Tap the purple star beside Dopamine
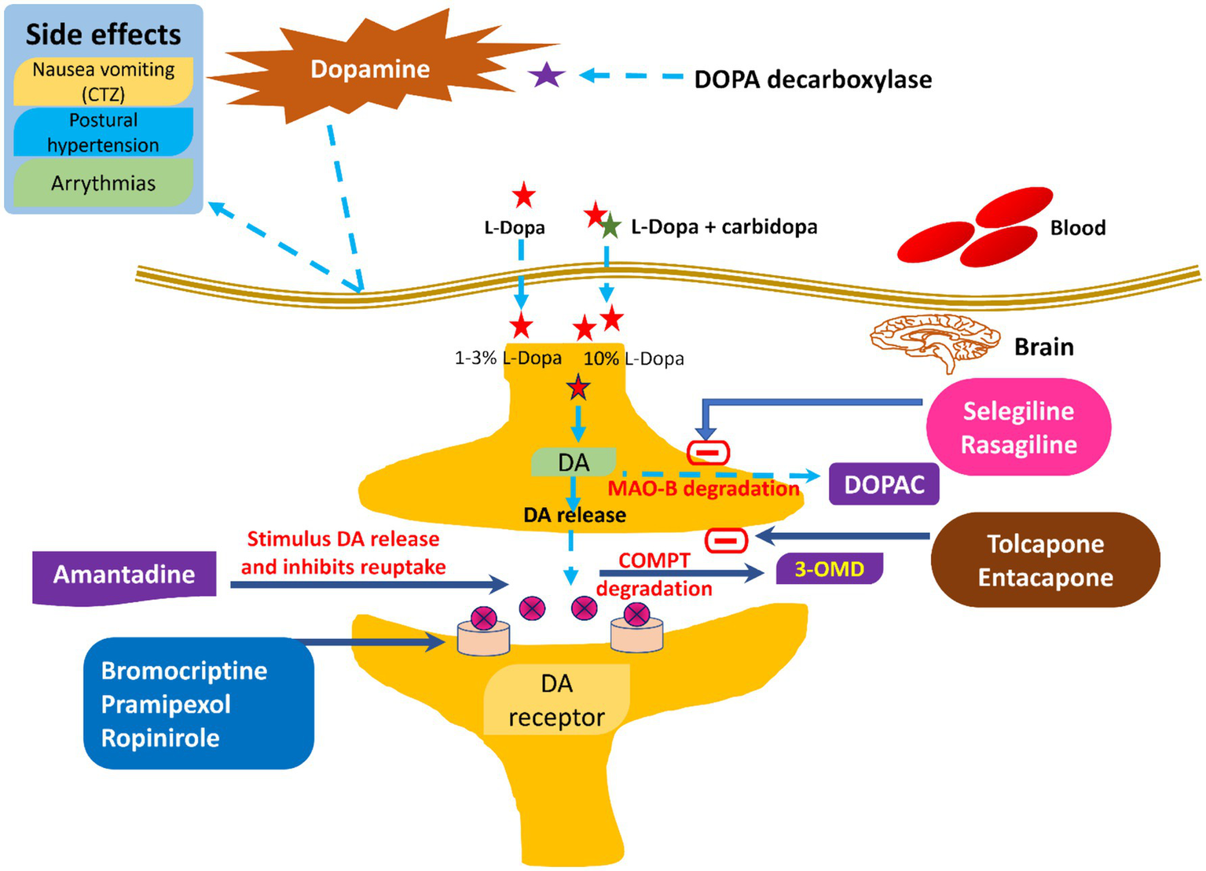pos(547,75)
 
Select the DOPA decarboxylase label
pos(812,79)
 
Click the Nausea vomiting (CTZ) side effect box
pos(103,81)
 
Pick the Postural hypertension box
pos(103,132)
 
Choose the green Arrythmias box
pos(103,183)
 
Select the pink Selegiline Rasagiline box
pos(1018,427)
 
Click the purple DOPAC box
pos(884,484)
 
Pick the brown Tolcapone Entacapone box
pos(1045,560)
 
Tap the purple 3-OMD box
pos(829,568)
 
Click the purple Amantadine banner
pos(124,575)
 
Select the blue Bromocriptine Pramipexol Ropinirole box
pos(198,704)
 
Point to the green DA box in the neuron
pos(574,462)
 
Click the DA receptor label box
pos(556,700)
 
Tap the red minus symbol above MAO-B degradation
pos(708,453)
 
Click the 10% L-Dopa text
pos(633,358)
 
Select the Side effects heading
pos(103,35)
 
